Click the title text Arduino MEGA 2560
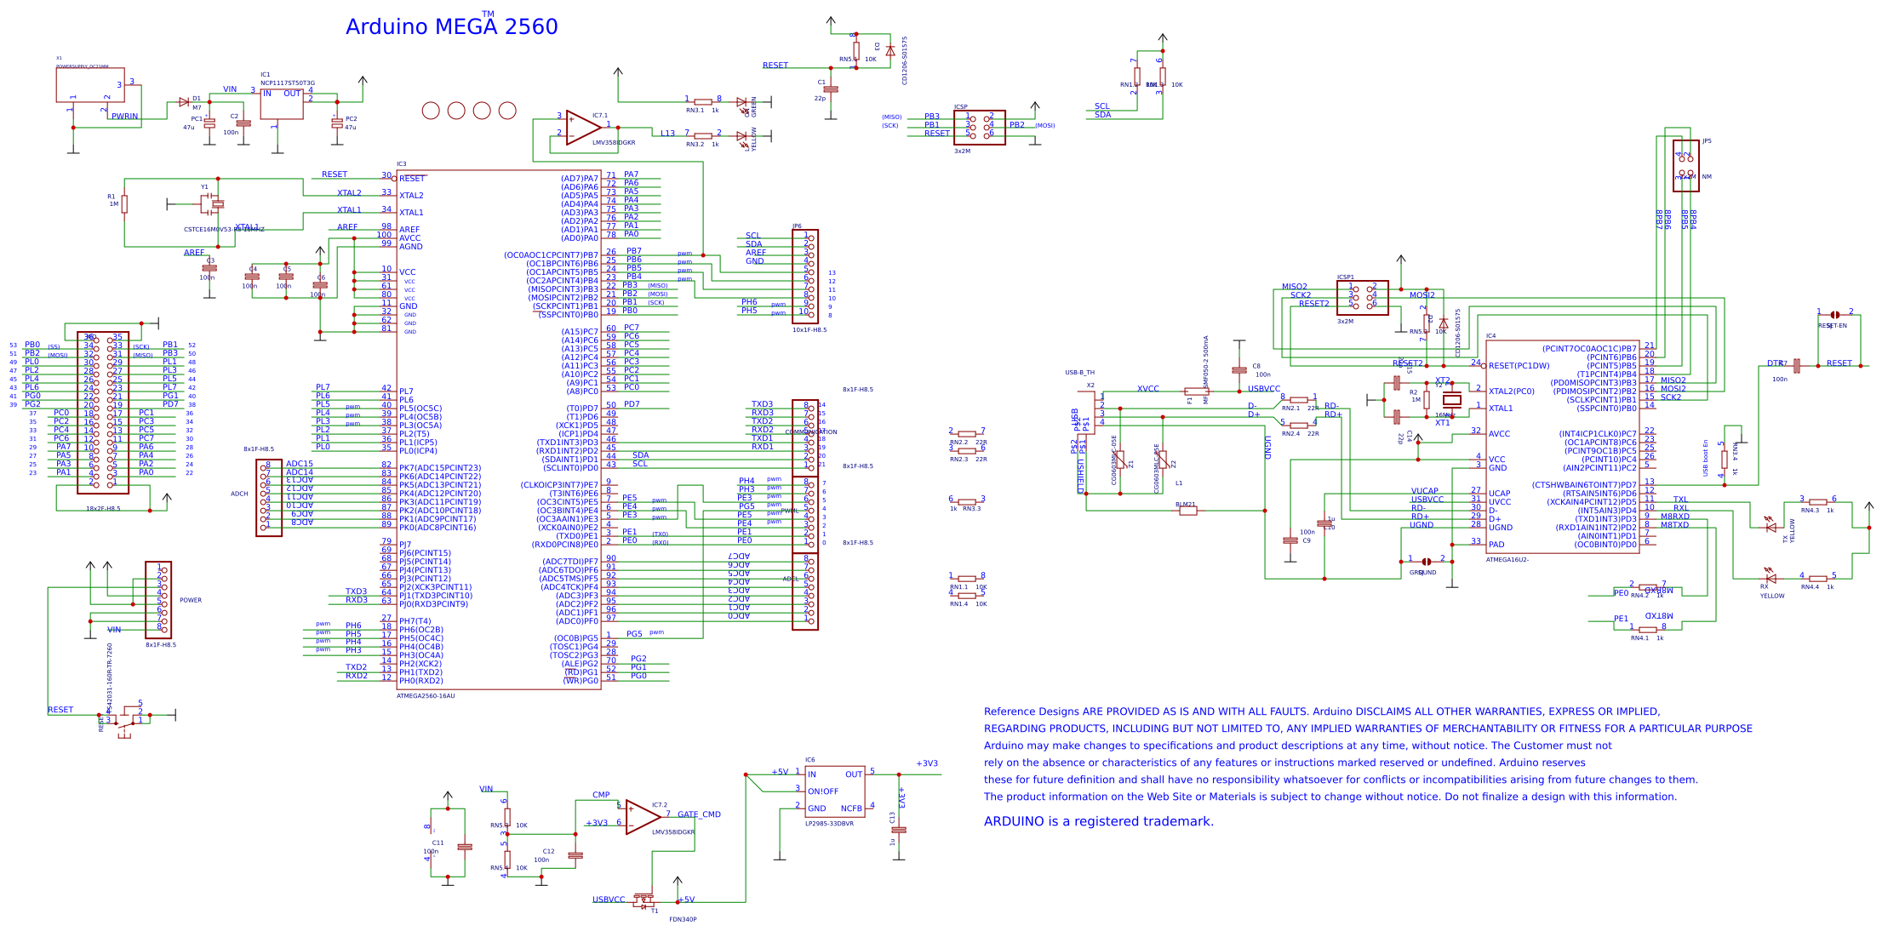451,27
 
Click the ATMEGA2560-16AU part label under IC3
426,696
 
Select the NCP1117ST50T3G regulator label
288,83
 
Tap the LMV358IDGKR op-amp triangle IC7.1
582,127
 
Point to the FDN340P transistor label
683,919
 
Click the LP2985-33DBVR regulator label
829,824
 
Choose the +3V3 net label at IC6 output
927,763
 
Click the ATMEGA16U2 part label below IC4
1507,560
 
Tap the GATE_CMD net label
699,814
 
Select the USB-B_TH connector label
1079,373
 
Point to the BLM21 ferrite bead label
1186,505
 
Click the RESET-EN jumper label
1833,326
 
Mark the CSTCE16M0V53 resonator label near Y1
224,230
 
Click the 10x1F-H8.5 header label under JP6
809,330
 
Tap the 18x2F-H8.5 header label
103,509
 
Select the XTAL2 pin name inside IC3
411,196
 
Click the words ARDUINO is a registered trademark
1099,822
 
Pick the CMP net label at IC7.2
601,795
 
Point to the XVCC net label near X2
1148,389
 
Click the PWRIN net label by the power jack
124,117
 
